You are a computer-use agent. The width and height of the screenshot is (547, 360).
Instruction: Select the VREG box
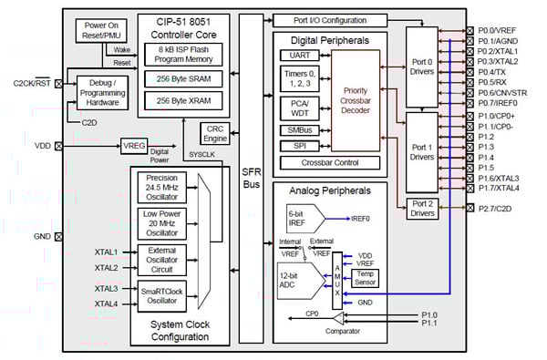coord(134,144)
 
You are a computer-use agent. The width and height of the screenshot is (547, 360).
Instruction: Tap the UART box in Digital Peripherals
coord(297,55)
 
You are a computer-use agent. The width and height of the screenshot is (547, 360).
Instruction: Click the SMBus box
coord(298,131)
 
